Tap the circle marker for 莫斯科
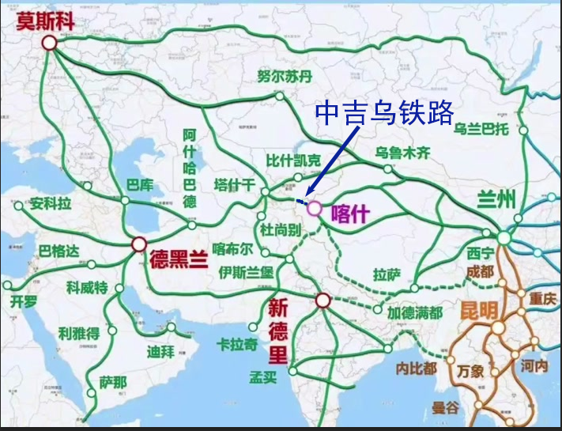pyautogui.click(x=50, y=43)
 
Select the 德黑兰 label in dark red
pyautogui.click(x=179, y=259)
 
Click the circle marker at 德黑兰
pyautogui.click(x=139, y=244)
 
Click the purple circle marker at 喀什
pyautogui.click(x=315, y=209)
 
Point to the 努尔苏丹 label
pyautogui.click(x=285, y=76)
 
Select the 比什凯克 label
pyautogui.click(x=294, y=161)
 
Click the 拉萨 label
pyautogui.click(x=387, y=274)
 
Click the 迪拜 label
pyautogui.click(x=160, y=350)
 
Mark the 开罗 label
pyautogui.click(x=23, y=301)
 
